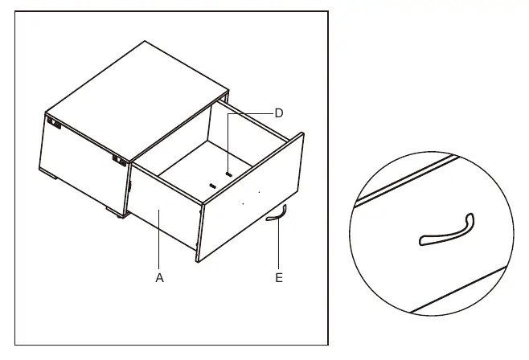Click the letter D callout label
pos(279,113)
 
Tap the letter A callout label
pos(159,278)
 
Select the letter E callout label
pos(279,278)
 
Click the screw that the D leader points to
pos(229,174)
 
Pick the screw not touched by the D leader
pos(212,186)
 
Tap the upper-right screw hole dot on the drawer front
pos(259,193)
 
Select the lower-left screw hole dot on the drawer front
pos(244,204)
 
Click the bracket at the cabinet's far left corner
pos(54,123)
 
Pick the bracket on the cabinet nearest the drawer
pos(120,161)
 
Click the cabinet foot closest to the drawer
pos(116,213)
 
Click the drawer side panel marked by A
pos(164,206)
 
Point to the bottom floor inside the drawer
pos(206,169)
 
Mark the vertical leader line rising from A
pos(159,239)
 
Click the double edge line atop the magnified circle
pos(408,181)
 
